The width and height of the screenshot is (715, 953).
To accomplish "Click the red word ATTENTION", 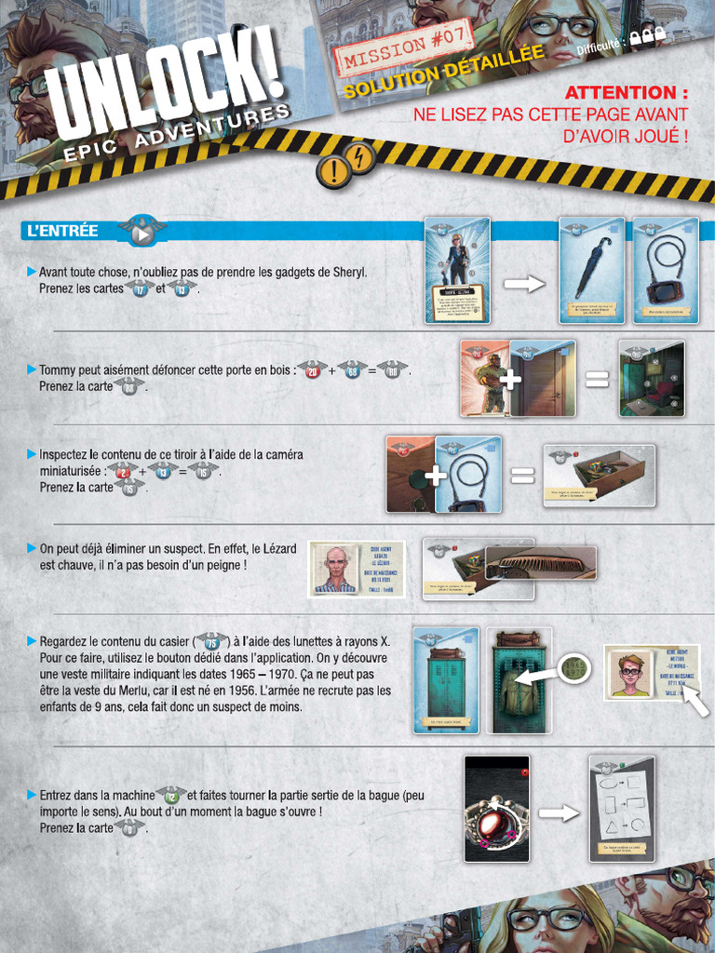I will (x=627, y=93).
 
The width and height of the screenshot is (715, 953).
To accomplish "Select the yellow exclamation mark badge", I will (x=332, y=170).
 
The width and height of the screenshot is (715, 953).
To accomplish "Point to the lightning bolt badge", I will (x=360, y=155).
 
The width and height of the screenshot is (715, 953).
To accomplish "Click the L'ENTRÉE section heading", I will (x=64, y=231).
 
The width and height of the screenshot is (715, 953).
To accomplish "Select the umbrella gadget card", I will (x=591, y=270).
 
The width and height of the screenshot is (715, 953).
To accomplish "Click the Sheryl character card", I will (x=457, y=270).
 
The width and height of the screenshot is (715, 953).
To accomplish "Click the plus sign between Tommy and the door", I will (x=509, y=380).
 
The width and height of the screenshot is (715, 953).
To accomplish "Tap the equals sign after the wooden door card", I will (x=597, y=379).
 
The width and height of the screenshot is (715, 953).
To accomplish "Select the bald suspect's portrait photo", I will (x=335, y=569).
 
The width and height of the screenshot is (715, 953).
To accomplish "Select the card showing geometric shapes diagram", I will (x=621, y=808).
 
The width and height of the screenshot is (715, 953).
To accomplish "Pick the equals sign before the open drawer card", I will (x=522, y=476).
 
